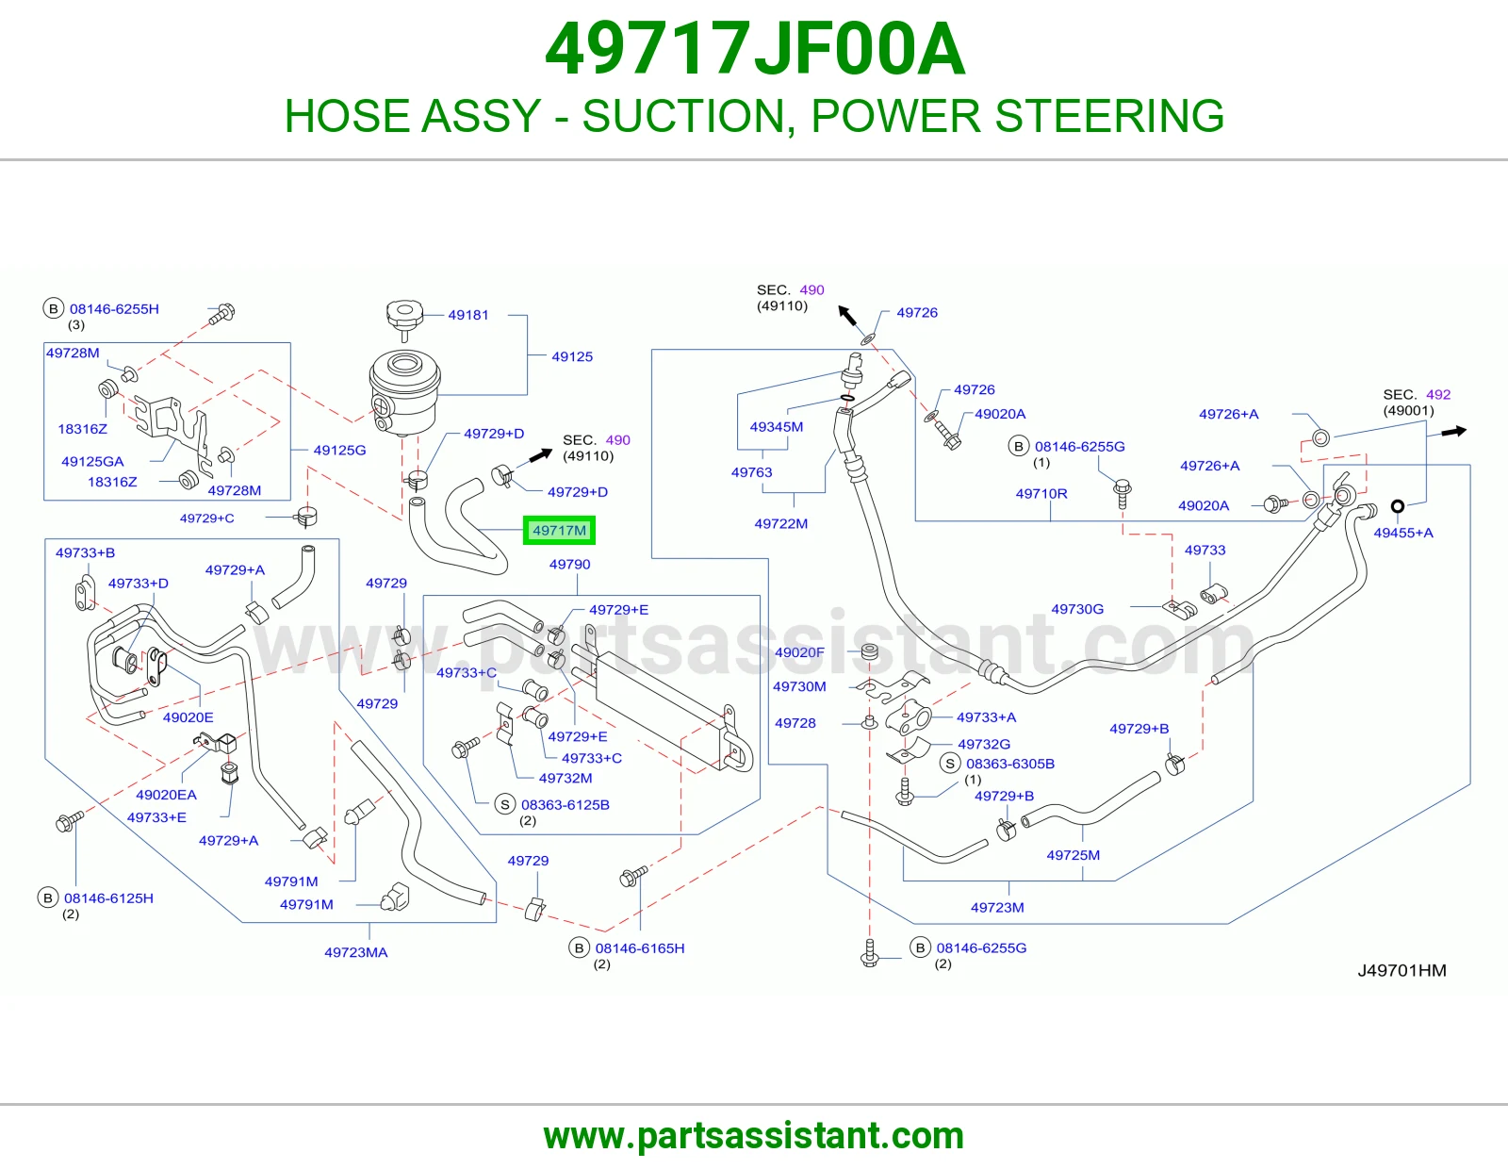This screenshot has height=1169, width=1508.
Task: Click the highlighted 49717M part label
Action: pos(559,531)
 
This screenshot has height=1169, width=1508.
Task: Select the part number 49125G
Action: pos(339,450)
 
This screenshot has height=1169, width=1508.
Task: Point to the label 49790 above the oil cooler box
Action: pos(570,565)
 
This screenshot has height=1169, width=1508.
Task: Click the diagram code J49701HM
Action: pos(1401,970)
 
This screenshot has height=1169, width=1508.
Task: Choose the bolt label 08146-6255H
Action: pos(114,309)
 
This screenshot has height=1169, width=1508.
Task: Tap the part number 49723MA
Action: pos(356,952)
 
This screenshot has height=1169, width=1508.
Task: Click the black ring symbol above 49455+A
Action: pos(1398,506)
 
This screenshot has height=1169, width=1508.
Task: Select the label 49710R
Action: pos(1041,494)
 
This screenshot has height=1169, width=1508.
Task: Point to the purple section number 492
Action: pos(1438,394)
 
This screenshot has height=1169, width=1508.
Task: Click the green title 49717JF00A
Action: pos(754,49)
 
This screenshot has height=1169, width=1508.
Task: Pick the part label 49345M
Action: pos(776,427)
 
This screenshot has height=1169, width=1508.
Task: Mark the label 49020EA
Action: pos(166,795)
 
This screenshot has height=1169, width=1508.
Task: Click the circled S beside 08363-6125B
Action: pos(504,804)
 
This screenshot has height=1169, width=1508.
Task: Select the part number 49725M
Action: pos(1073,855)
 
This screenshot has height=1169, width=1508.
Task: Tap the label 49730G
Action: pos(1077,609)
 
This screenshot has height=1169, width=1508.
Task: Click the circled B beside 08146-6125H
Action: pos(48,897)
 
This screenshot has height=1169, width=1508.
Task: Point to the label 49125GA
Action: pos(92,462)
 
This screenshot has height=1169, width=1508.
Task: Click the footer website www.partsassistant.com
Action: pos(754,1136)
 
